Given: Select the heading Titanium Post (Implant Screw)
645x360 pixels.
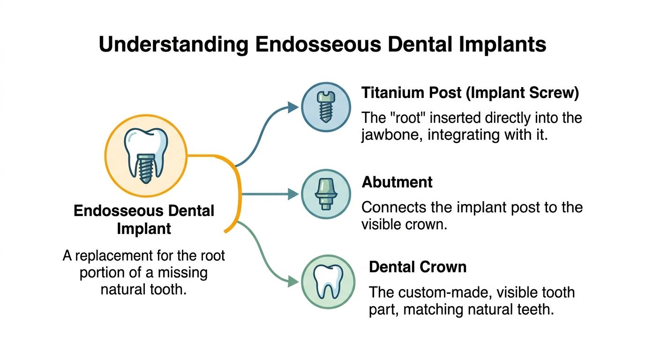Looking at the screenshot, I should pyautogui.click(x=470, y=93).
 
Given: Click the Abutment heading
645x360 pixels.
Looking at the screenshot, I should pyautogui.click(x=397, y=182).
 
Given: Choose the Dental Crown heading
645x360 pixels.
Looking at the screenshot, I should pyautogui.click(x=418, y=267).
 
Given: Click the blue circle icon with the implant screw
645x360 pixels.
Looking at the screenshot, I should pyautogui.click(x=325, y=106).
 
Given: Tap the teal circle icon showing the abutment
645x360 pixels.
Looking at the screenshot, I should pyautogui.click(x=325, y=194).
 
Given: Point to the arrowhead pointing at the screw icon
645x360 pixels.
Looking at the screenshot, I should pyautogui.click(x=293, y=107).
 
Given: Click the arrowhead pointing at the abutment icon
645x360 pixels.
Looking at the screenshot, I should pyautogui.click(x=293, y=194).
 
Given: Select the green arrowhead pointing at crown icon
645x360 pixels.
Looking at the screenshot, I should pyautogui.click(x=293, y=281).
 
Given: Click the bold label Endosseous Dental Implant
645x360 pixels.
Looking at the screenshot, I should pyautogui.click(x=144, y=219).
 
